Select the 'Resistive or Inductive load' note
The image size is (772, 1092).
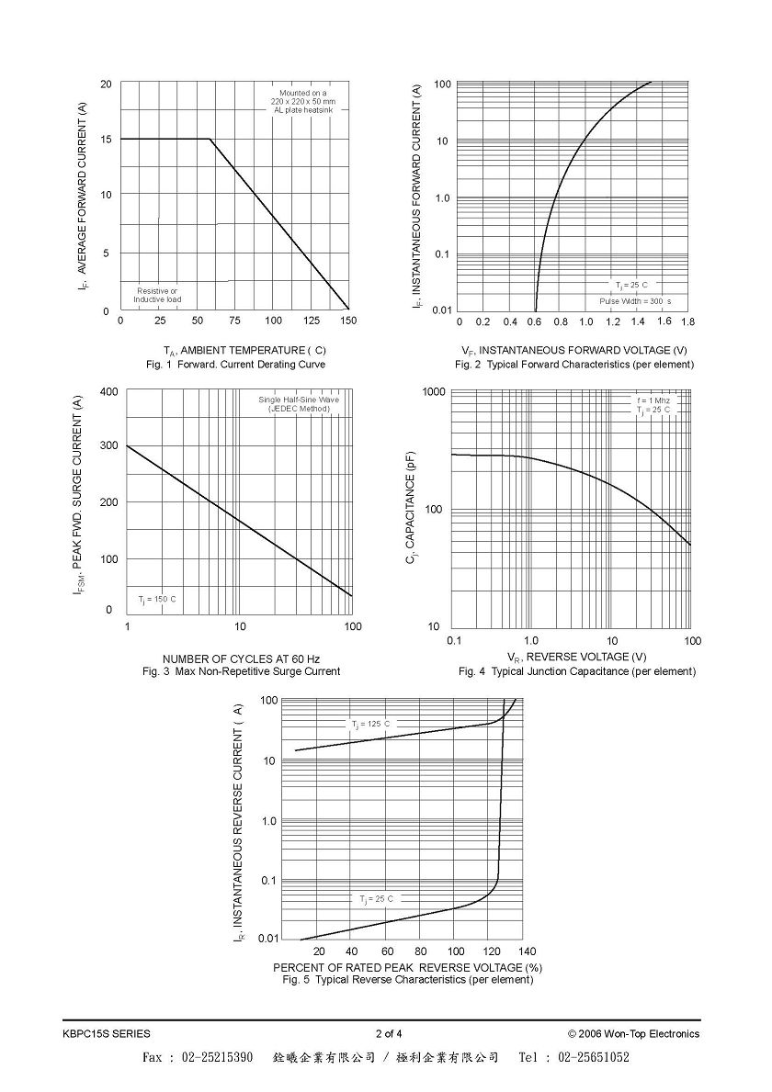[157, 296]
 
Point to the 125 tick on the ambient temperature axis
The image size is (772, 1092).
[312, 321]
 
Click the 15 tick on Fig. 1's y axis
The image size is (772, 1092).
[106, 140]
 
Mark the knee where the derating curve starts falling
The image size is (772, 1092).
[210, 139]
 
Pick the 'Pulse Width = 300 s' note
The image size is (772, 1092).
[635, 301]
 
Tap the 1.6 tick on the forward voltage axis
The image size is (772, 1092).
[664, 321]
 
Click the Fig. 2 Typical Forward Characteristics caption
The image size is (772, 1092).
[574, 365]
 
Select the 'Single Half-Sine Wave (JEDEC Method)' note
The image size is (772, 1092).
[299, 404]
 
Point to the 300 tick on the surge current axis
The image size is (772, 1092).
[109, 445]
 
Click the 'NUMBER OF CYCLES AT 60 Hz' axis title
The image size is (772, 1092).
[241, 659]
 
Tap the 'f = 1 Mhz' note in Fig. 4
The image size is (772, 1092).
[653, 400]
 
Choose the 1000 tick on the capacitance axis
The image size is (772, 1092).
[434, 392]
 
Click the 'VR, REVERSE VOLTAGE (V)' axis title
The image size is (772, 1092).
[577, 657]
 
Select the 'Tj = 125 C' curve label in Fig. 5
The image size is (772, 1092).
[370, 725]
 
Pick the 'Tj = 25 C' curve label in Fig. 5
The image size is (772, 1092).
[376, 899]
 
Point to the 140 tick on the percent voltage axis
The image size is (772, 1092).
[528, 951]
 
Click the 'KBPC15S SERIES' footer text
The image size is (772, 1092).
[106, 1033]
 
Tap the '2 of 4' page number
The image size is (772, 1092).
[389, 1033]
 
